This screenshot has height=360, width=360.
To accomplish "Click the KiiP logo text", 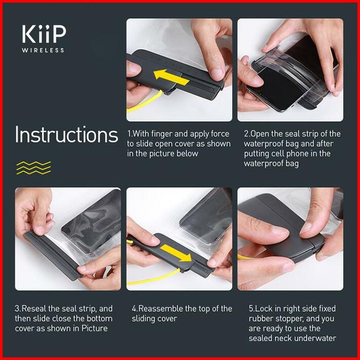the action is click(x=44, y=34).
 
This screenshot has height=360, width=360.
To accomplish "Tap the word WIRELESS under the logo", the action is click(x=43, y=50).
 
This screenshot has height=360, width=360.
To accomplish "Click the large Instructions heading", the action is click(x=66, y=134).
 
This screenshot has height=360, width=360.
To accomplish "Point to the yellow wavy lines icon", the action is click(x=34, y=168).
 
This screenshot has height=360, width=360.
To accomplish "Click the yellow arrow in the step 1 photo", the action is click(x=171, y=77).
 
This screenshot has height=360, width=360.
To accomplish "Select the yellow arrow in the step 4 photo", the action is click(x=176, y=253).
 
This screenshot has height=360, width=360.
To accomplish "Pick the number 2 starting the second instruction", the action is click(x=246, y=134).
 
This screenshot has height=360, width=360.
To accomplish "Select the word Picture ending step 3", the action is click(x=95, y=329).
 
